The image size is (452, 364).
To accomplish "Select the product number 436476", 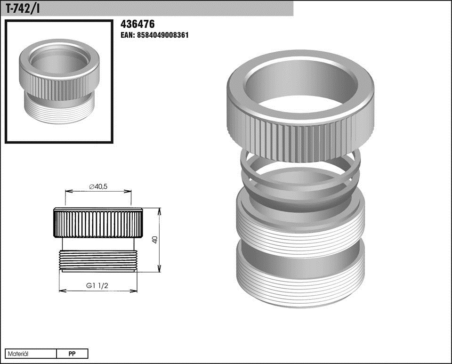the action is (137, 24).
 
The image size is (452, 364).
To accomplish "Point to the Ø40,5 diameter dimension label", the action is (98, 187).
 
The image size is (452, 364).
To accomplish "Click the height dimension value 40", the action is (155, 240).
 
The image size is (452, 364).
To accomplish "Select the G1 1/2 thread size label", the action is (97, 286).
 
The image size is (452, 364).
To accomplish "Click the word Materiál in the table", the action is (18, 354).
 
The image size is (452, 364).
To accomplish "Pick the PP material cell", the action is (72, 354).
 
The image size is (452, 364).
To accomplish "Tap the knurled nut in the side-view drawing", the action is (98, 223).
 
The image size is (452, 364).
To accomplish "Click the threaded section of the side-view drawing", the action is (98, 260).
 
